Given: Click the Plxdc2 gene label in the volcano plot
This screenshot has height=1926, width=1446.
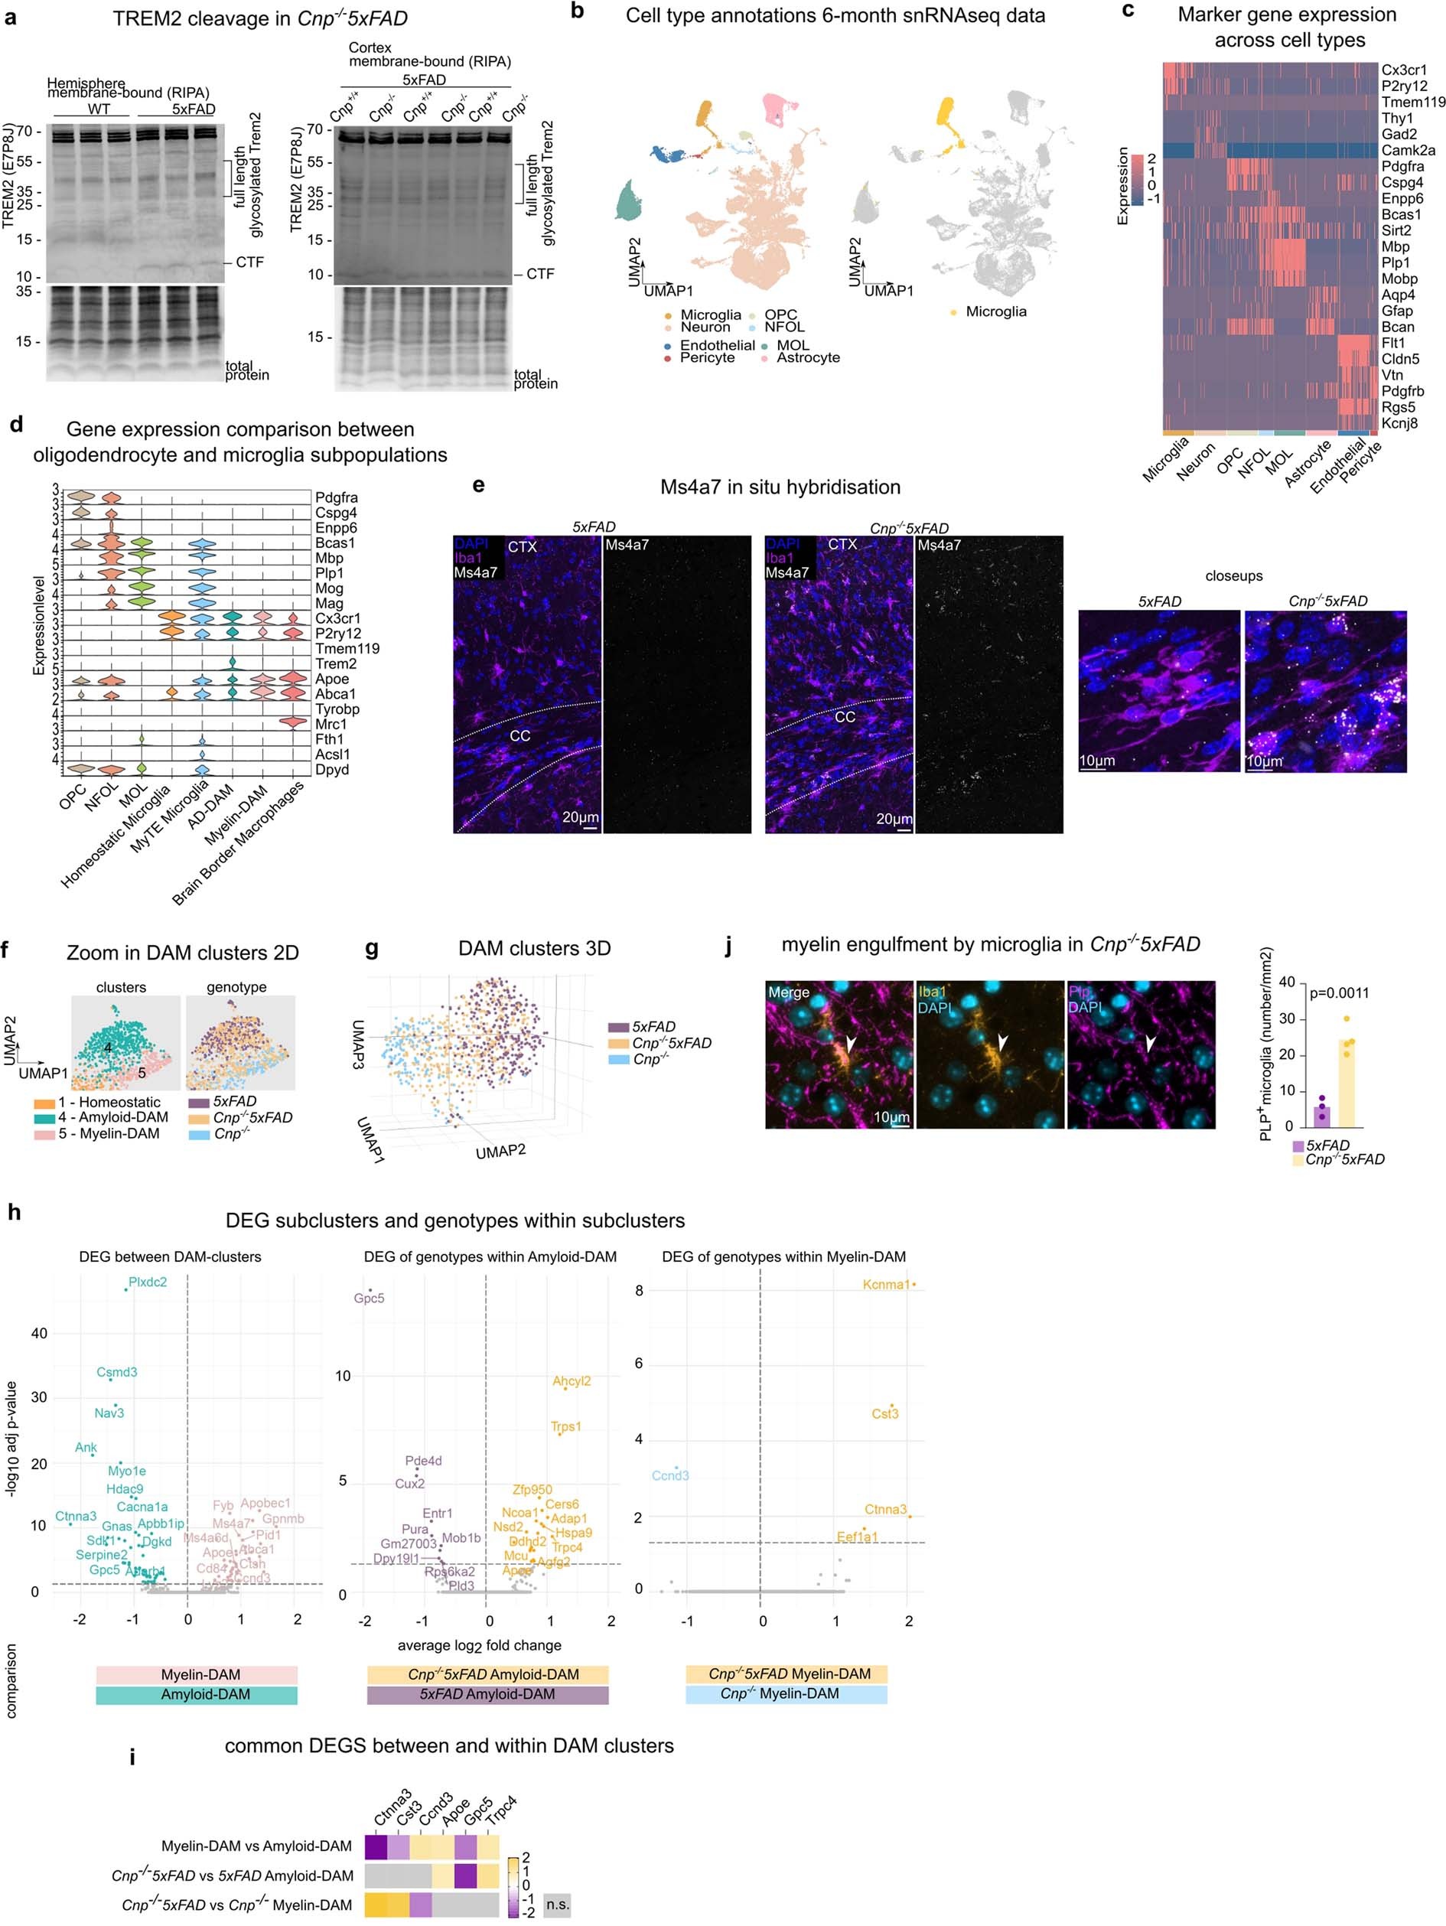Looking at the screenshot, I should [x=147, y=1282].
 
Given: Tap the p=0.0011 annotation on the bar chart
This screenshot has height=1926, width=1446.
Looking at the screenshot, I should [x=1339, y=992].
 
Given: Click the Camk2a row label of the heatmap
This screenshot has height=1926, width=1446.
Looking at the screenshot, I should [x=1408, y=151].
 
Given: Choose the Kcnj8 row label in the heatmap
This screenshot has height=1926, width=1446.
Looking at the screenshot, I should [x=1399, y=423].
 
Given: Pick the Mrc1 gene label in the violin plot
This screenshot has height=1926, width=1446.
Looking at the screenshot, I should [x=331, y=725].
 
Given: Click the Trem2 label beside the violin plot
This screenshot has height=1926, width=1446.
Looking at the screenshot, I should [x=334, y=663].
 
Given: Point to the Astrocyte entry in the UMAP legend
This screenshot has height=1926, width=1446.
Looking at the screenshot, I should [x=808, y=358].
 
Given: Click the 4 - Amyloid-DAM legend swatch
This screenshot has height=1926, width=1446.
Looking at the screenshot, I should [x=44, y=1118].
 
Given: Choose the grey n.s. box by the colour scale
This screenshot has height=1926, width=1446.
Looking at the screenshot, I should [x=557, y=1905].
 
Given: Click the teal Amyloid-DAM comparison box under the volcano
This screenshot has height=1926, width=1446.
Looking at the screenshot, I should [x=197, y=1694].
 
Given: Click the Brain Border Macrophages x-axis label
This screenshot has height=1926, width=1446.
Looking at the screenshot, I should [x=239, y=842].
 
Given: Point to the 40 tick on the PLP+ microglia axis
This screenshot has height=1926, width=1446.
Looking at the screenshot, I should [x=1288, y=983].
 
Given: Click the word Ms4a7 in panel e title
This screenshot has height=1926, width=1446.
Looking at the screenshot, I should [x=690, y=487].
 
